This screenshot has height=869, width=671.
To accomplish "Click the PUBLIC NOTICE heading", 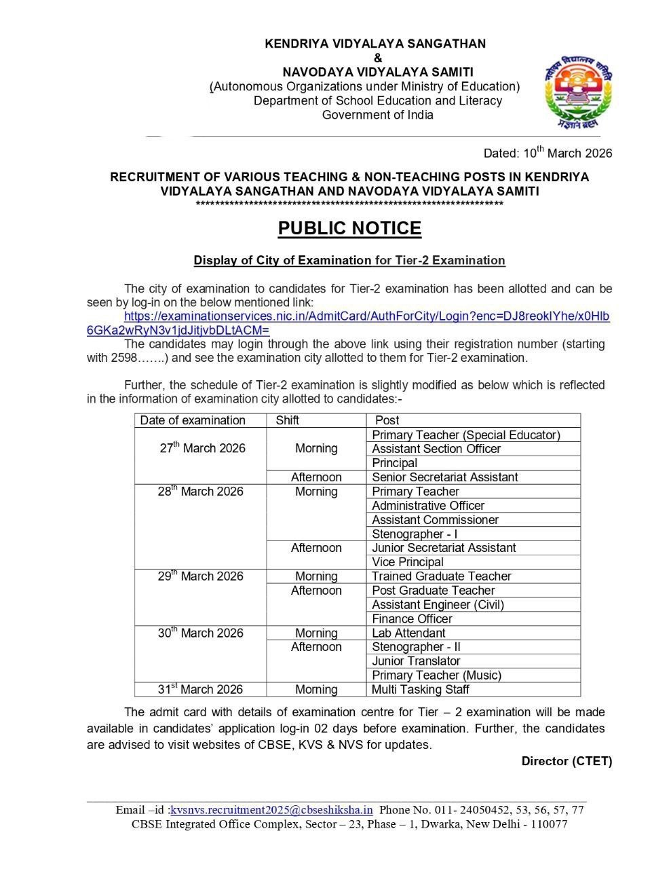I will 349,229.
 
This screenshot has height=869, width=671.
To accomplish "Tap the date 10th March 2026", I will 548,153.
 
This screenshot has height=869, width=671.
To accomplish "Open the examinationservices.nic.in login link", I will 366,317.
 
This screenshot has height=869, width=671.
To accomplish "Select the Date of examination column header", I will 193,420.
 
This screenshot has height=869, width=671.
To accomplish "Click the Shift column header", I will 288,420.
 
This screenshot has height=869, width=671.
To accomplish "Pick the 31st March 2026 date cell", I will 200,689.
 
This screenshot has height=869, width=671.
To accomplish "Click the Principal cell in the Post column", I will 394,463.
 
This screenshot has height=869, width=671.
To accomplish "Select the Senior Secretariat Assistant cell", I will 444,477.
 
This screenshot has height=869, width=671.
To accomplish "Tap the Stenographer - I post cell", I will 415,534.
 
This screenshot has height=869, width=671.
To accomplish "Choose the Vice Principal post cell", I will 408,562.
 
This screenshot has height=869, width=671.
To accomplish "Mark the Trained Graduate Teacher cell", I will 441,576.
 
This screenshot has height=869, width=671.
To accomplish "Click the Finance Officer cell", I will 412,619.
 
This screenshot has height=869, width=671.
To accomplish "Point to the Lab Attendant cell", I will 408,633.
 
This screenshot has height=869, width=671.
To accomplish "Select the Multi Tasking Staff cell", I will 421,690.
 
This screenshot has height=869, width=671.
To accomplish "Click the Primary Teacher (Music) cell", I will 436,676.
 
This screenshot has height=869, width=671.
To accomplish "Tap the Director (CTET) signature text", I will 567,761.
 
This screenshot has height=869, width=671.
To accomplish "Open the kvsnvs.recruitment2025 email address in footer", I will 271,810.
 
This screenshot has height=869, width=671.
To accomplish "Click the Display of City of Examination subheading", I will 349,261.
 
